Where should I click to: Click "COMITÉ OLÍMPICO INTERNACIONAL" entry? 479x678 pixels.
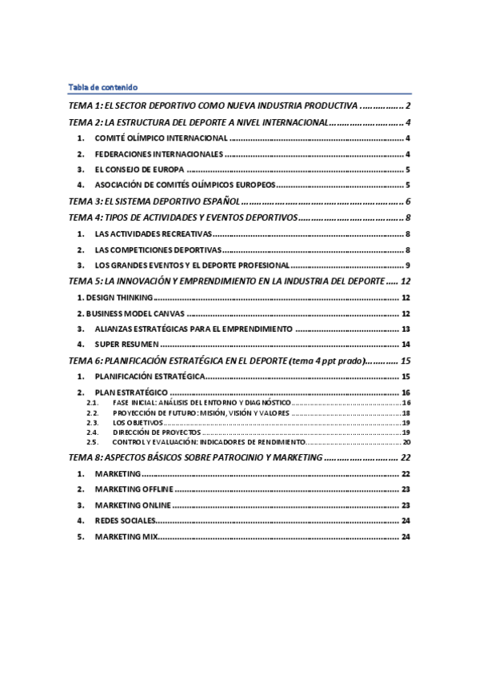161,138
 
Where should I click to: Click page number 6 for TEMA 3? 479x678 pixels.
408,201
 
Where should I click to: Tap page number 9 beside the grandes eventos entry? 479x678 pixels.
407,265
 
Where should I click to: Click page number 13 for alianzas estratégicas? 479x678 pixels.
405,329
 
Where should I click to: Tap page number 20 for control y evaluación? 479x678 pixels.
405,441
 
